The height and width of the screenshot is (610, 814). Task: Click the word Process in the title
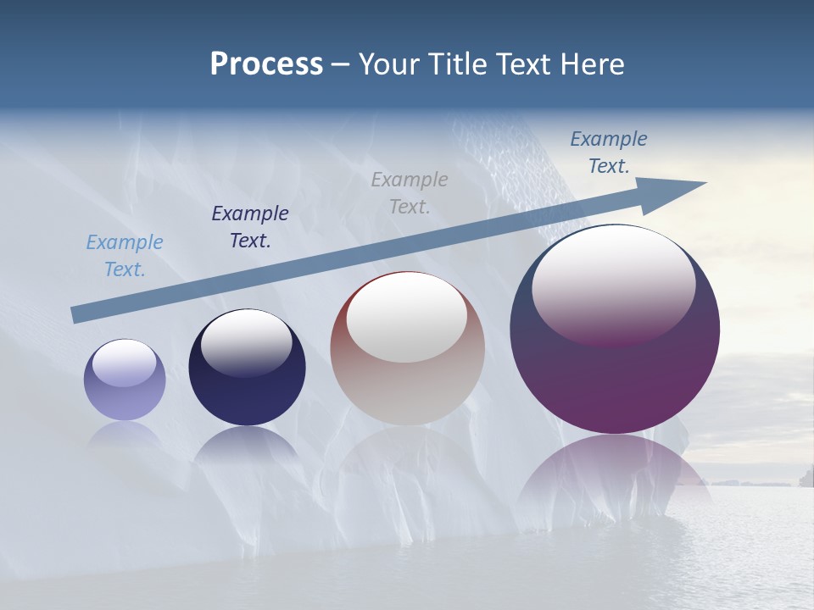tap(266, 64)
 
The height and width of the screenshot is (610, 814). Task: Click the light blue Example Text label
tap(125, 256)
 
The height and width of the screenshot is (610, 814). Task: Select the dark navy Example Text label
tap(250, 227)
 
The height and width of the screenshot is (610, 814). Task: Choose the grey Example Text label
tap(410, 193)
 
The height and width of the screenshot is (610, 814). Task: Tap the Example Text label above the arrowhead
tap(609, 152)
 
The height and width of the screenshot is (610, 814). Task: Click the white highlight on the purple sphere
tap(614, 284)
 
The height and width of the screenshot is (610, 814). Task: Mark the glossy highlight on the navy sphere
tap(246, 343)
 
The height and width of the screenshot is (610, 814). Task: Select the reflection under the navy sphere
tap(247, 445)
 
